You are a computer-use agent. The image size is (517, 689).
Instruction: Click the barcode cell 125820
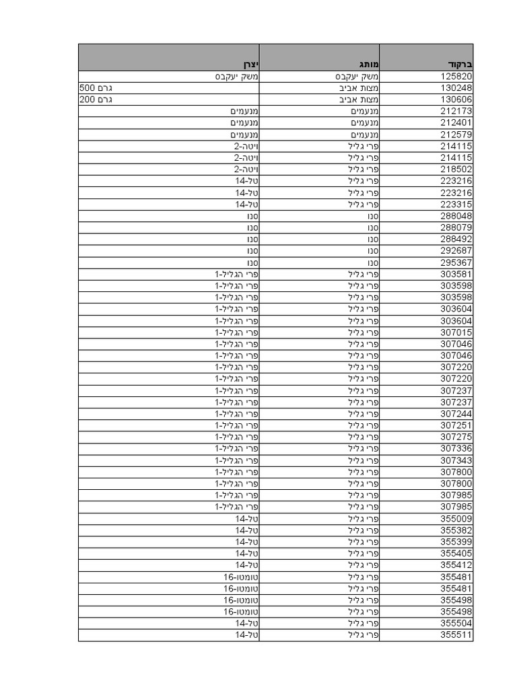pyautogui.click(x=456, y=76)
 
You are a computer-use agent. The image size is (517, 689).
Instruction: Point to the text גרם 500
pyautogui.click(x=96, y=88)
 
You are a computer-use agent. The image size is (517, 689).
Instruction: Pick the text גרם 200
pyautogui.click(x=96, y=100)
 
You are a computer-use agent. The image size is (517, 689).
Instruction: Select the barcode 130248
pyautogui.click(x=456, y=88)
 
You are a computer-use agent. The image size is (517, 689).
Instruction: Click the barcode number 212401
pyautogui.click(x=456, y=122)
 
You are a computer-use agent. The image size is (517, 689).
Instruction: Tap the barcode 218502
pyautogui.click(x=456, y=170)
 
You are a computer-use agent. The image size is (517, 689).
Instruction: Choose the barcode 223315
pyautogui.click(x=456, y=205)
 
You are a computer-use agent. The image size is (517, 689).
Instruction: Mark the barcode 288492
pyautogui.click(x=456, y=239)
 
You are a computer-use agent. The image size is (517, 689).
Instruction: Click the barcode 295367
pyautogui.click(x=456, y=262)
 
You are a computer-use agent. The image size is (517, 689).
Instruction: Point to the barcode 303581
pyautogui.click(x=456, y=274)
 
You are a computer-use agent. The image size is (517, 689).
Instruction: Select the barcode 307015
pyautogui.click(x=456, y=332)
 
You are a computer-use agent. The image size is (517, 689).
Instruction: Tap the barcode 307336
pyautogui.click(x=456, y=448)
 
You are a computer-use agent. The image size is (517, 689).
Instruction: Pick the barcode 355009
pyautogui.click(x=456, y=519)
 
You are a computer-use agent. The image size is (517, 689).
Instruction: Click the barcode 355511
pyautogui.click(x=456, y=634)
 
